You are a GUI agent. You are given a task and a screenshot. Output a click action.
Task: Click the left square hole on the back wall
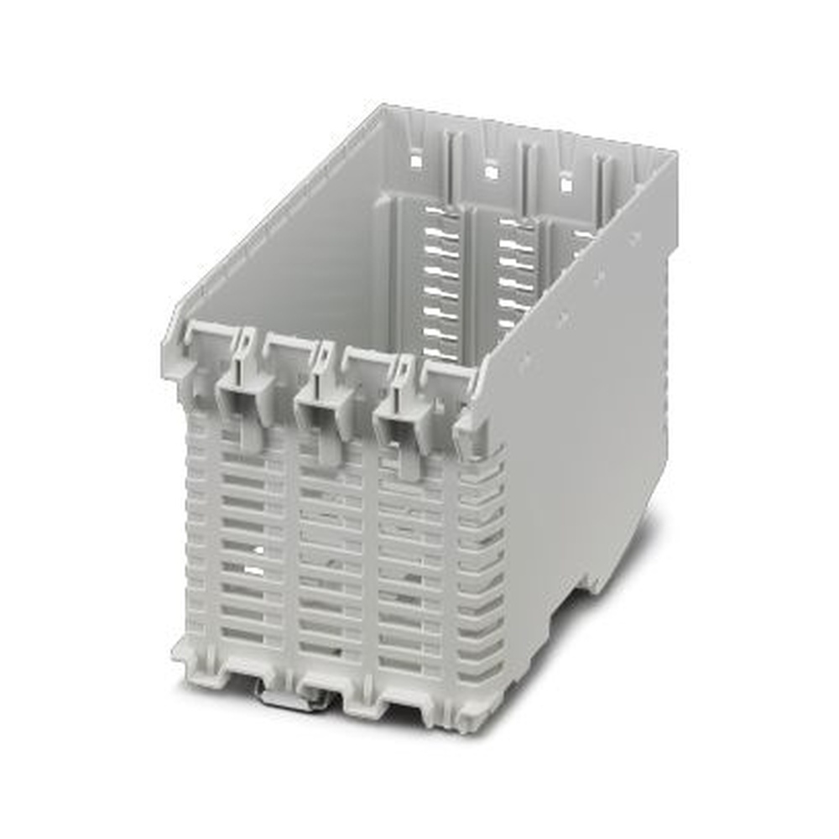tap(415, 156)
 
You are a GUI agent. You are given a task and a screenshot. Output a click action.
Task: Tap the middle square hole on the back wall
tap(491, 170)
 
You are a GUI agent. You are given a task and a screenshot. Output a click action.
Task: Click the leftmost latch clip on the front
tap(244, 390)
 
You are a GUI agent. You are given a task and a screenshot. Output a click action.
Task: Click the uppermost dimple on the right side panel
tap(636, 239)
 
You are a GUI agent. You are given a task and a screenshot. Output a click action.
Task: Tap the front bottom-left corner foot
tap(186, 654)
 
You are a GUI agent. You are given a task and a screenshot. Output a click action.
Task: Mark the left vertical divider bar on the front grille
tap(293, 554)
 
